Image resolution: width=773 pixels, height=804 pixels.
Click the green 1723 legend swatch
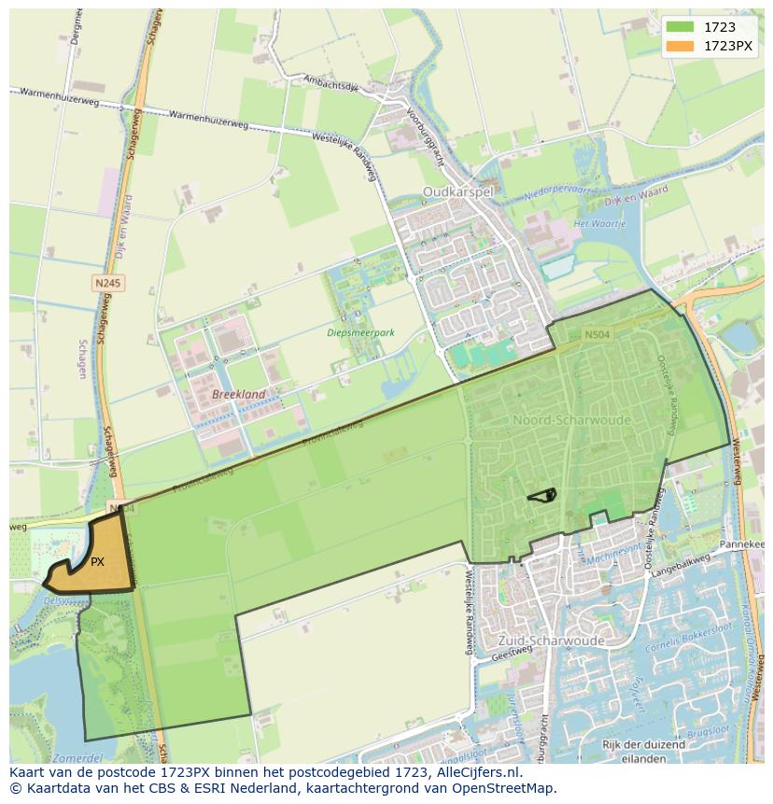click(681, 27)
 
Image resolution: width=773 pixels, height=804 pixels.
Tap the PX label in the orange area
click(97, 562)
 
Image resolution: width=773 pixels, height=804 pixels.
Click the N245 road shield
click(108, 282)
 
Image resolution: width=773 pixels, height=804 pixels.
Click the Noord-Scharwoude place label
click(571, 420)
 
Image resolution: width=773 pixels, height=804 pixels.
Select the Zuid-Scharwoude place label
click(551, 641)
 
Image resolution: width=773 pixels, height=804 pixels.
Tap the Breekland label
click(239, 395)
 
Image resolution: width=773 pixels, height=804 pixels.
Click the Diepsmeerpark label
click(361, 332)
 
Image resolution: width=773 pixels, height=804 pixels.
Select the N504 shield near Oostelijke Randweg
click(597, 334)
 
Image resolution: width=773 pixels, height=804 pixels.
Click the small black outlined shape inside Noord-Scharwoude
click(542, 495)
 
